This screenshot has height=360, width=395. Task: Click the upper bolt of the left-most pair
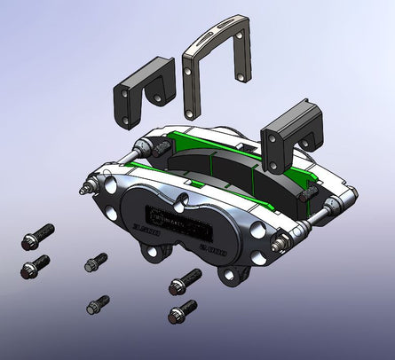pos(34,239)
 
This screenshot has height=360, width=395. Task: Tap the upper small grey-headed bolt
pos(94,262)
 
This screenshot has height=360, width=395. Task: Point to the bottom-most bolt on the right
pos(181,310)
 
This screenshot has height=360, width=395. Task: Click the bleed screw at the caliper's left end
pos(86,188)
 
